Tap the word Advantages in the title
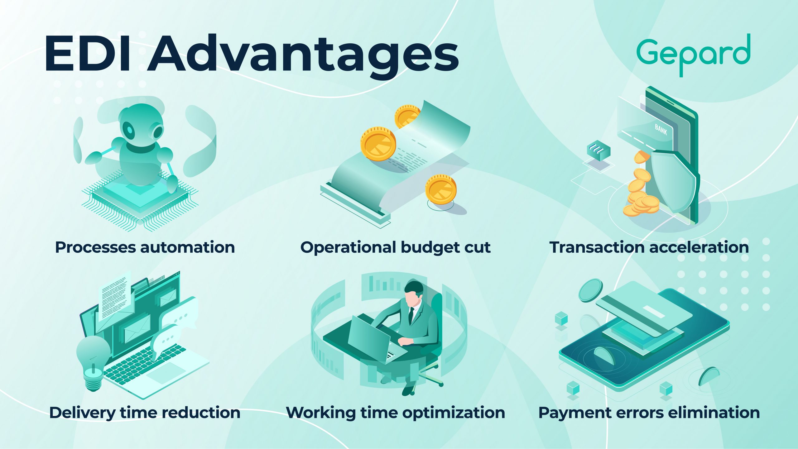(303, 56)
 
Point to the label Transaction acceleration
(649, 247)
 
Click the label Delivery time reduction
(145, 413)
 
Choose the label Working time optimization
(396, 413)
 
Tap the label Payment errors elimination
(649, 413)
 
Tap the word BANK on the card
(661, 129)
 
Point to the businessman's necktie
(411, 315)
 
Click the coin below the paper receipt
(441, 189)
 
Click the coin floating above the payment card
(591, 290)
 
